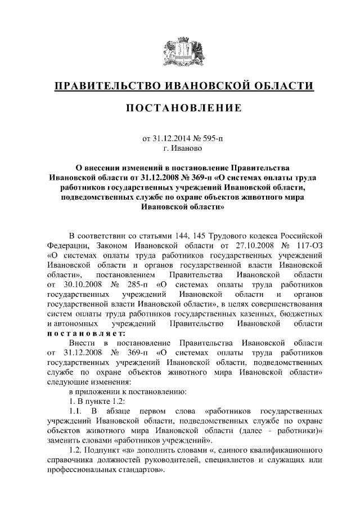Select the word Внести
pyautogui.click(x=82, y=343)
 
